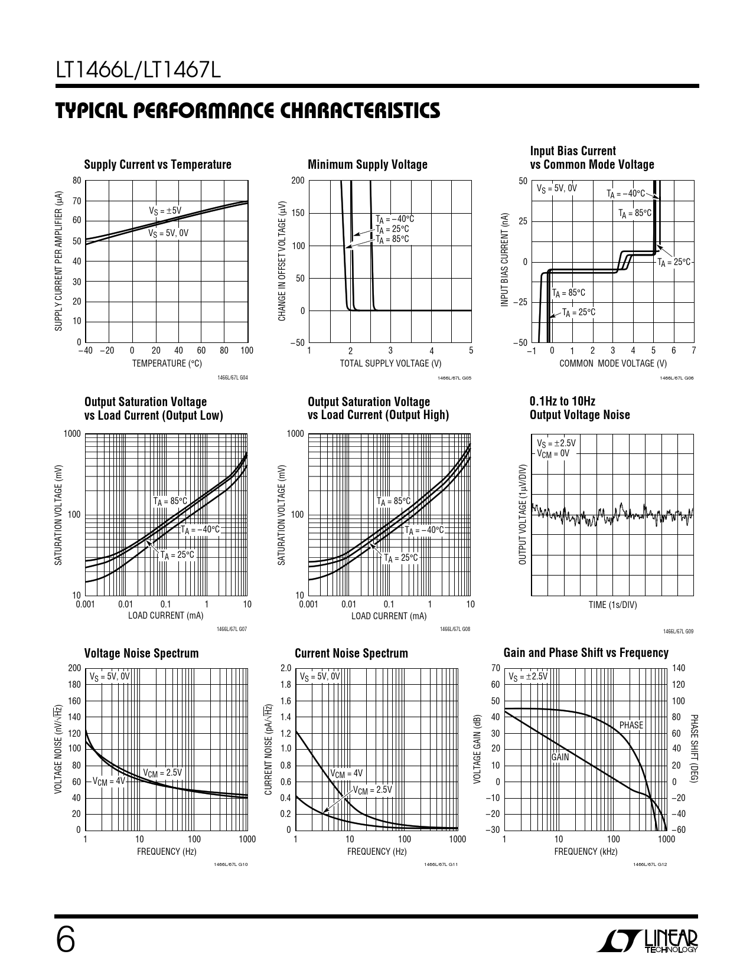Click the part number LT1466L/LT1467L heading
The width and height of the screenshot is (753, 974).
(x=138, y=71)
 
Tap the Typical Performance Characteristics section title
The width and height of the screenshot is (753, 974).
(x=247, y=111)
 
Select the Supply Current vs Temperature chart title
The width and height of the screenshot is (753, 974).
(x=158, y=165)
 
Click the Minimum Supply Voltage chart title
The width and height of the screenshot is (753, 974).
(x=367, y=165)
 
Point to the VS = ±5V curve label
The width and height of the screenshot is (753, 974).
(x=165, y=211)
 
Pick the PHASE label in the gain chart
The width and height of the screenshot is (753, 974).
(x=631, y=725)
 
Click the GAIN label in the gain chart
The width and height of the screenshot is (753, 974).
(x=560, y=757)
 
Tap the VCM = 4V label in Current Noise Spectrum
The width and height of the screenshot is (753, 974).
(x=346, y=773)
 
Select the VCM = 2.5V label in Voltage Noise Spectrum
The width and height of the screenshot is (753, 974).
(x=162, y=773)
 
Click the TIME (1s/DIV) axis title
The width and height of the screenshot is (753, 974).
(x=612, y=604)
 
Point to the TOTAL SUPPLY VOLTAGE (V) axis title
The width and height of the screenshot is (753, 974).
(x=390, y=364)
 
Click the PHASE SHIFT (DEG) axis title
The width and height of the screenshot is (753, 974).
(x=694, y=749)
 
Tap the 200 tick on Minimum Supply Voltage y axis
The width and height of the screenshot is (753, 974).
(x=298, y=181)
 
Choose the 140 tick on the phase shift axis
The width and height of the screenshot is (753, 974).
(x=679, y=668)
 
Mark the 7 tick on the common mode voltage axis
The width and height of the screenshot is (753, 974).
(x=693, y=351)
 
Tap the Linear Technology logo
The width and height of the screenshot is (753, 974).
(x=648, y=942)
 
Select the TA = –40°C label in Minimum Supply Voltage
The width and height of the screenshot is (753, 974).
(x=395, y=219)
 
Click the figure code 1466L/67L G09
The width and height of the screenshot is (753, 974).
(x=678, y=632)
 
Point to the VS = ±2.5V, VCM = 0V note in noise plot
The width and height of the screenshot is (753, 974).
(x=556, y=448)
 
